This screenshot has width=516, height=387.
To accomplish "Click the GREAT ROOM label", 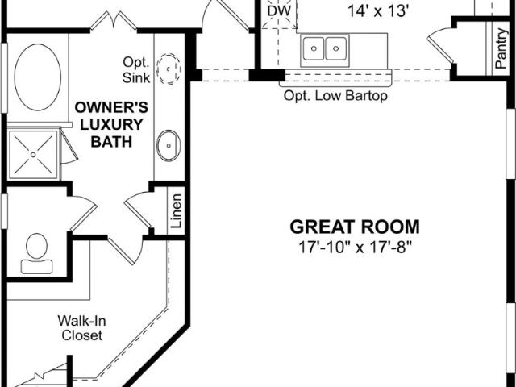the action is point(355,227).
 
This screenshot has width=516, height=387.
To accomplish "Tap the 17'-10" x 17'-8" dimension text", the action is point(355,248).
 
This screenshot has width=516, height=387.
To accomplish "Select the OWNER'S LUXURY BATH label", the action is point(111,124).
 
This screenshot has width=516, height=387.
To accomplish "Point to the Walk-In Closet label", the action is point(82,328).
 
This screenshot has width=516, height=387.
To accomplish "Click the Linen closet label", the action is point(176,211).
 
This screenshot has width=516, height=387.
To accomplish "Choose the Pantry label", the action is point(501,48).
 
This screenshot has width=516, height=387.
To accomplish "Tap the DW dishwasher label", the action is point(280,10).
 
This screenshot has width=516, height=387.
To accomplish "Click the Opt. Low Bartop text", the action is point(335,96).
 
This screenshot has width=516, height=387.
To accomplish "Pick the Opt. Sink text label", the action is point(136,70).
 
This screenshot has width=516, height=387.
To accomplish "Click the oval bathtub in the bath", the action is point(38,77).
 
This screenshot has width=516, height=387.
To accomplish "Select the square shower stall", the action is point(33,154).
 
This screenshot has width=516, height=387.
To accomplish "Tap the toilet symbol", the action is point(36,253).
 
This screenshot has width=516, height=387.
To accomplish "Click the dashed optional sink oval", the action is point(169,69).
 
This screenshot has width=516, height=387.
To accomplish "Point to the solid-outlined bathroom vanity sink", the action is point(169,145).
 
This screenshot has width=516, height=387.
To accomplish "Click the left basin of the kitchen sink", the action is point(314,48).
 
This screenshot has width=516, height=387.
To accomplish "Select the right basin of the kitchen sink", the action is point(335,48).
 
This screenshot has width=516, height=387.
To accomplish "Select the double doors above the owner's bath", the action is point(114,21).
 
